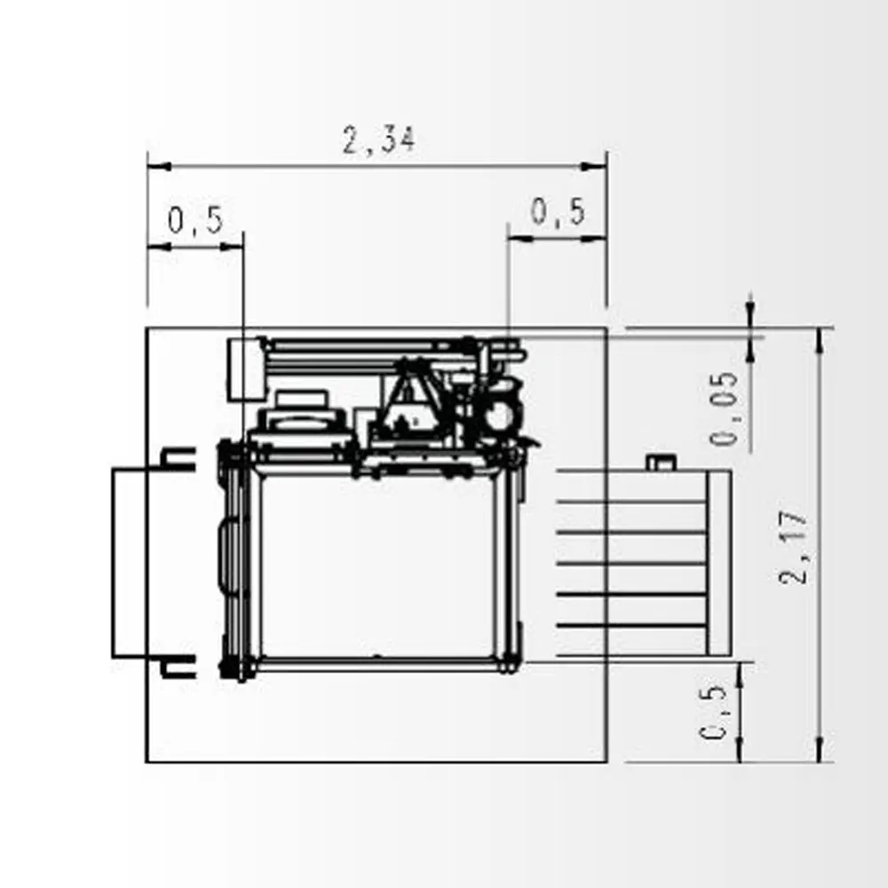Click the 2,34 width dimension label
(379, 139)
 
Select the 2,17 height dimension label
(792, 547)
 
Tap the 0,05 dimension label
(725, 408)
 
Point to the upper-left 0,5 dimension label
(196, 219)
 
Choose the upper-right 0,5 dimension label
(558, 212)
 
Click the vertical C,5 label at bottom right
(713, 712)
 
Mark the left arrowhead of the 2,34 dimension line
(159, 167)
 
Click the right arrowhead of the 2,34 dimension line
(595, 167)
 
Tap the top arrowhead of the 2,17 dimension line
(820, 340)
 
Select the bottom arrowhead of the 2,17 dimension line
(820, 749)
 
